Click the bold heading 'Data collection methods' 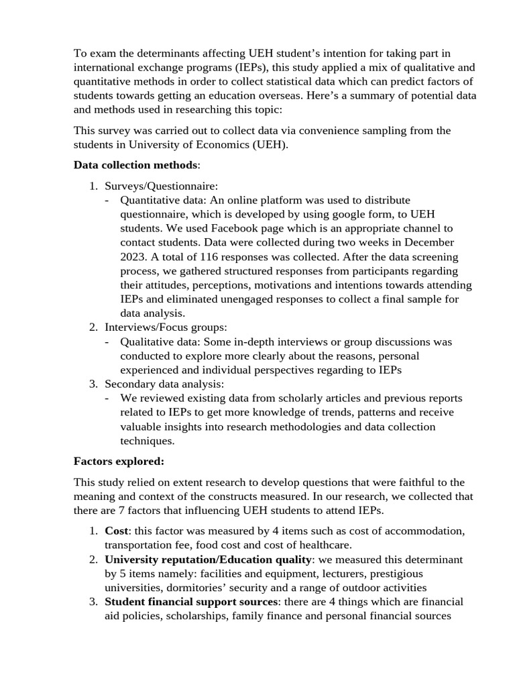click(x=135, y=165)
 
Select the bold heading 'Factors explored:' click(x=119, y=462)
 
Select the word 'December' click(x=428, y=242)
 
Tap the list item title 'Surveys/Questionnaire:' click(x=161, y=186)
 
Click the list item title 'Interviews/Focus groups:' click(x=166, y=327)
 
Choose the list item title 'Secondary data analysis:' click(x=164, y=384)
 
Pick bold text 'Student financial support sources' click(x=191, y=602)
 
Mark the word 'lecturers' click(x=348, y=574)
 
